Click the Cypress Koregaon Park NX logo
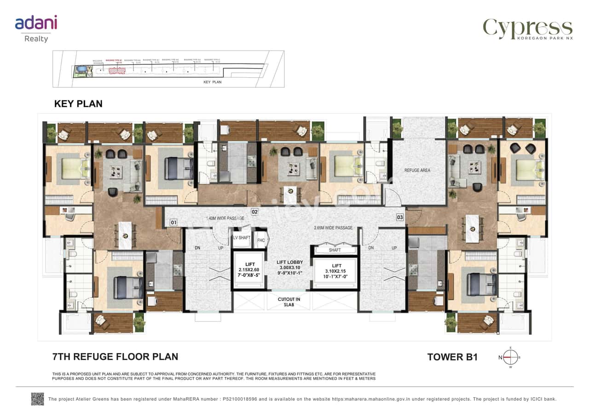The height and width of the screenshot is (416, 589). click(x=527, y=29)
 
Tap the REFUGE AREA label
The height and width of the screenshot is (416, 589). click(x=417, y=171)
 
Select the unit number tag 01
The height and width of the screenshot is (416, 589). click(x=173, y=223)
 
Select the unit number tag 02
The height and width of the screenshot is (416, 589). click(x=254, y=212)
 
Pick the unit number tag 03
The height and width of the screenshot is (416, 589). click(x=400, y=217)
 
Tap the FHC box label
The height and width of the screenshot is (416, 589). click(x=261, y=240)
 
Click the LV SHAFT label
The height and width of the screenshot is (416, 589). click(x=241, y=238)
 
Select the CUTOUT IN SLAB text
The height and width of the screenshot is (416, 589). click(x=289, y=302)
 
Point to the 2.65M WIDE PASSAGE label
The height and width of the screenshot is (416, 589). click(x=333, y=228)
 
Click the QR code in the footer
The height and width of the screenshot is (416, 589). click(x=37, y=399)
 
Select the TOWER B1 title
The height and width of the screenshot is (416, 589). click(x=452, y=357)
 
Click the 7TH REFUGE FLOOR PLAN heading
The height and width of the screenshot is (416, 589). click(x=115, y=356)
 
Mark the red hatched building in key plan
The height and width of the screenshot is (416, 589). click(x=117, y=71)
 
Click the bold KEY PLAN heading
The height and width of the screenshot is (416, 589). click(x=78, y=104)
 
